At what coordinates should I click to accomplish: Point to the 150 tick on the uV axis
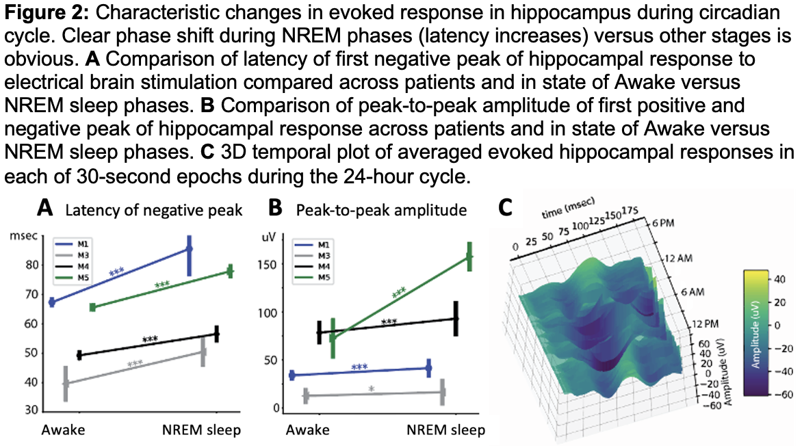(x=270, y=265)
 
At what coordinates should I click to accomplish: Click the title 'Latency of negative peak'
(x=153, y=211)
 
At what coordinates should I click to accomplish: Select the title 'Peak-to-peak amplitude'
(x=381, y=211)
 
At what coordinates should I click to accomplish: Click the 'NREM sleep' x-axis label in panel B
(x=445, y=430)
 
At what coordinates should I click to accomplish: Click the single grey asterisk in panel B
(x=371, y=389)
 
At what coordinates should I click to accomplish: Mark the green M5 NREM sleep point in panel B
(x=469, y=257)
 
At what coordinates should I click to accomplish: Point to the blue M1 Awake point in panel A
(x=52, y=302)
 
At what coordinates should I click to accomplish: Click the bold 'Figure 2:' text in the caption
(x=45, y=12)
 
